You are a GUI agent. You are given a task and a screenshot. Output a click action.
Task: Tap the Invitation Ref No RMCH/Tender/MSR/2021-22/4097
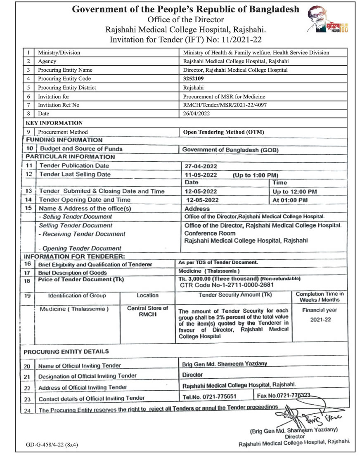tap(225, 105)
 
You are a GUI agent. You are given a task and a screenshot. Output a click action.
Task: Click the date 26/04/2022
tap(197, 113)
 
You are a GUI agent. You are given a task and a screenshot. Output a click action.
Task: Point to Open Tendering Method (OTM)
tap(223, 132)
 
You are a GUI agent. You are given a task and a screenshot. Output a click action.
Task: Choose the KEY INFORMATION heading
tap(54, 123)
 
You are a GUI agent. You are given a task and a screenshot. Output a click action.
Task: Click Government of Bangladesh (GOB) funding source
tap(230, 150)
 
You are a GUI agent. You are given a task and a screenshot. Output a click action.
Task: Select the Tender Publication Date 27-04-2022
tap(201, 166)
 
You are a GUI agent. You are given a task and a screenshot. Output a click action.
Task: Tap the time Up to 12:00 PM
tap(294, 191)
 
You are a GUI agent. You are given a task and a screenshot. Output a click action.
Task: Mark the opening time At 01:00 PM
tap(290, 200)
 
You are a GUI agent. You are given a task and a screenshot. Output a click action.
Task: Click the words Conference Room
tap(210, 233)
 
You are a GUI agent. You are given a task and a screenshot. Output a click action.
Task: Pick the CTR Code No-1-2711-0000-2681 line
tap(227, 285)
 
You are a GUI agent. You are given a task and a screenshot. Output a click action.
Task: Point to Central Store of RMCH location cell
tap(147, 311)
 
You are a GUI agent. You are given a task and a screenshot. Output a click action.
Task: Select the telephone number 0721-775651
tap(209, 396)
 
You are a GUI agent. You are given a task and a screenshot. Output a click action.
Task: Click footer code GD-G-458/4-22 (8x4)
tap(52, 445)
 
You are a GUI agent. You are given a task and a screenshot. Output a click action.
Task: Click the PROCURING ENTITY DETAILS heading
tap(66, 352)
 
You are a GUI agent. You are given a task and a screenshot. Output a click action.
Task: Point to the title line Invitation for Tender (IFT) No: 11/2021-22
tap(186, 40)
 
